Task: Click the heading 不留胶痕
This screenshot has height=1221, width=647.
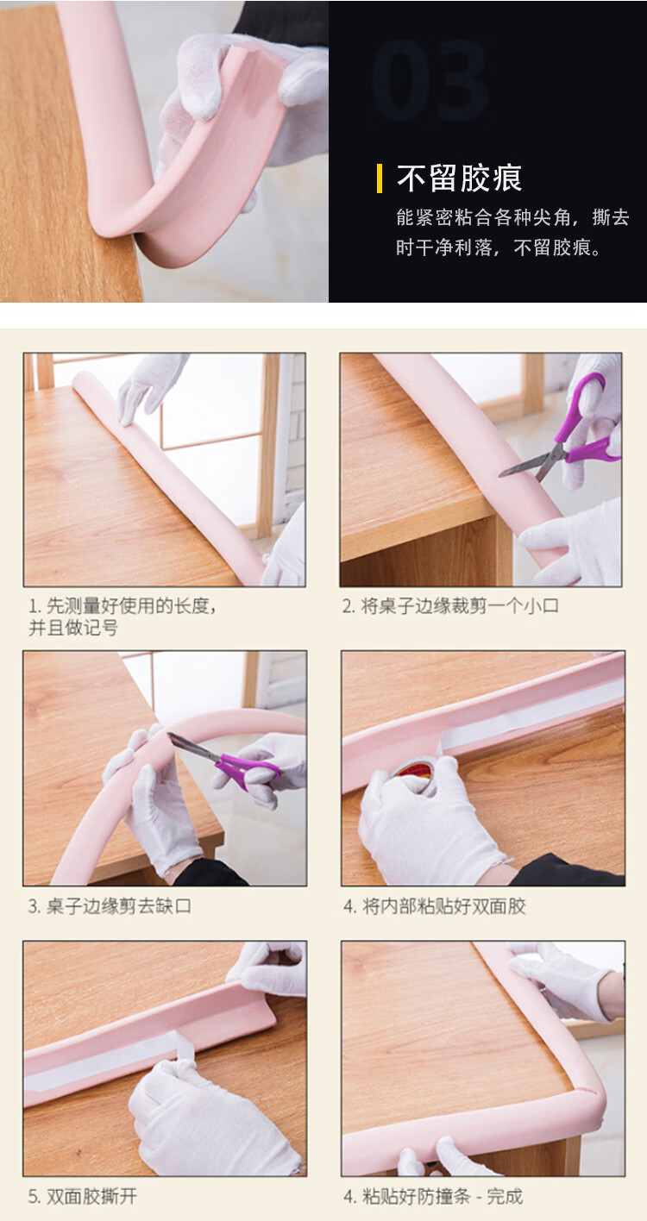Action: (459, 178)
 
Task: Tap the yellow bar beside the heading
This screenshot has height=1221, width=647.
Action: (380, 178)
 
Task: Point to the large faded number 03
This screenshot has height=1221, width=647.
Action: (430, 79)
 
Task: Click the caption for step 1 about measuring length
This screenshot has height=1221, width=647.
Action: (122, 617)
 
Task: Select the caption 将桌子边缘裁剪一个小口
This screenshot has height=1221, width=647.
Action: (450, 605)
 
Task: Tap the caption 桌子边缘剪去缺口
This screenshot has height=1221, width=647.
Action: (110, 906)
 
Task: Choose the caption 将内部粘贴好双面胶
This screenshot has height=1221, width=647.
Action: (435, 906)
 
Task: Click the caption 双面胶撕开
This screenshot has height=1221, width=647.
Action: (82, 1197)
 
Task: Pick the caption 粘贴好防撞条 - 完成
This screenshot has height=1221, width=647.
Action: (433, 1197)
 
